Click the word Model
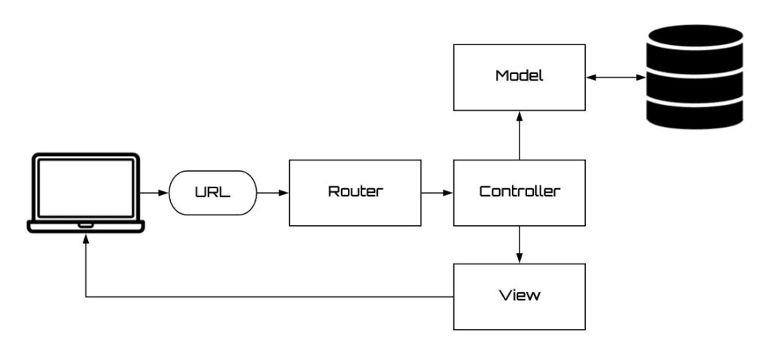pyautogui.click(x=519, y=77)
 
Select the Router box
pyautogui.click(x=355, y=192)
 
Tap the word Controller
pyautogui.click(x=519, y=191)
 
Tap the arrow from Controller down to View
pyautogui.click(x=519, y=244)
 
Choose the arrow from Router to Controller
pyautogui.click(x=437, y=193)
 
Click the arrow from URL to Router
pyautogui.click(x=273, y=193)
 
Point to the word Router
pyautogui.click(x=355, y=191)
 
